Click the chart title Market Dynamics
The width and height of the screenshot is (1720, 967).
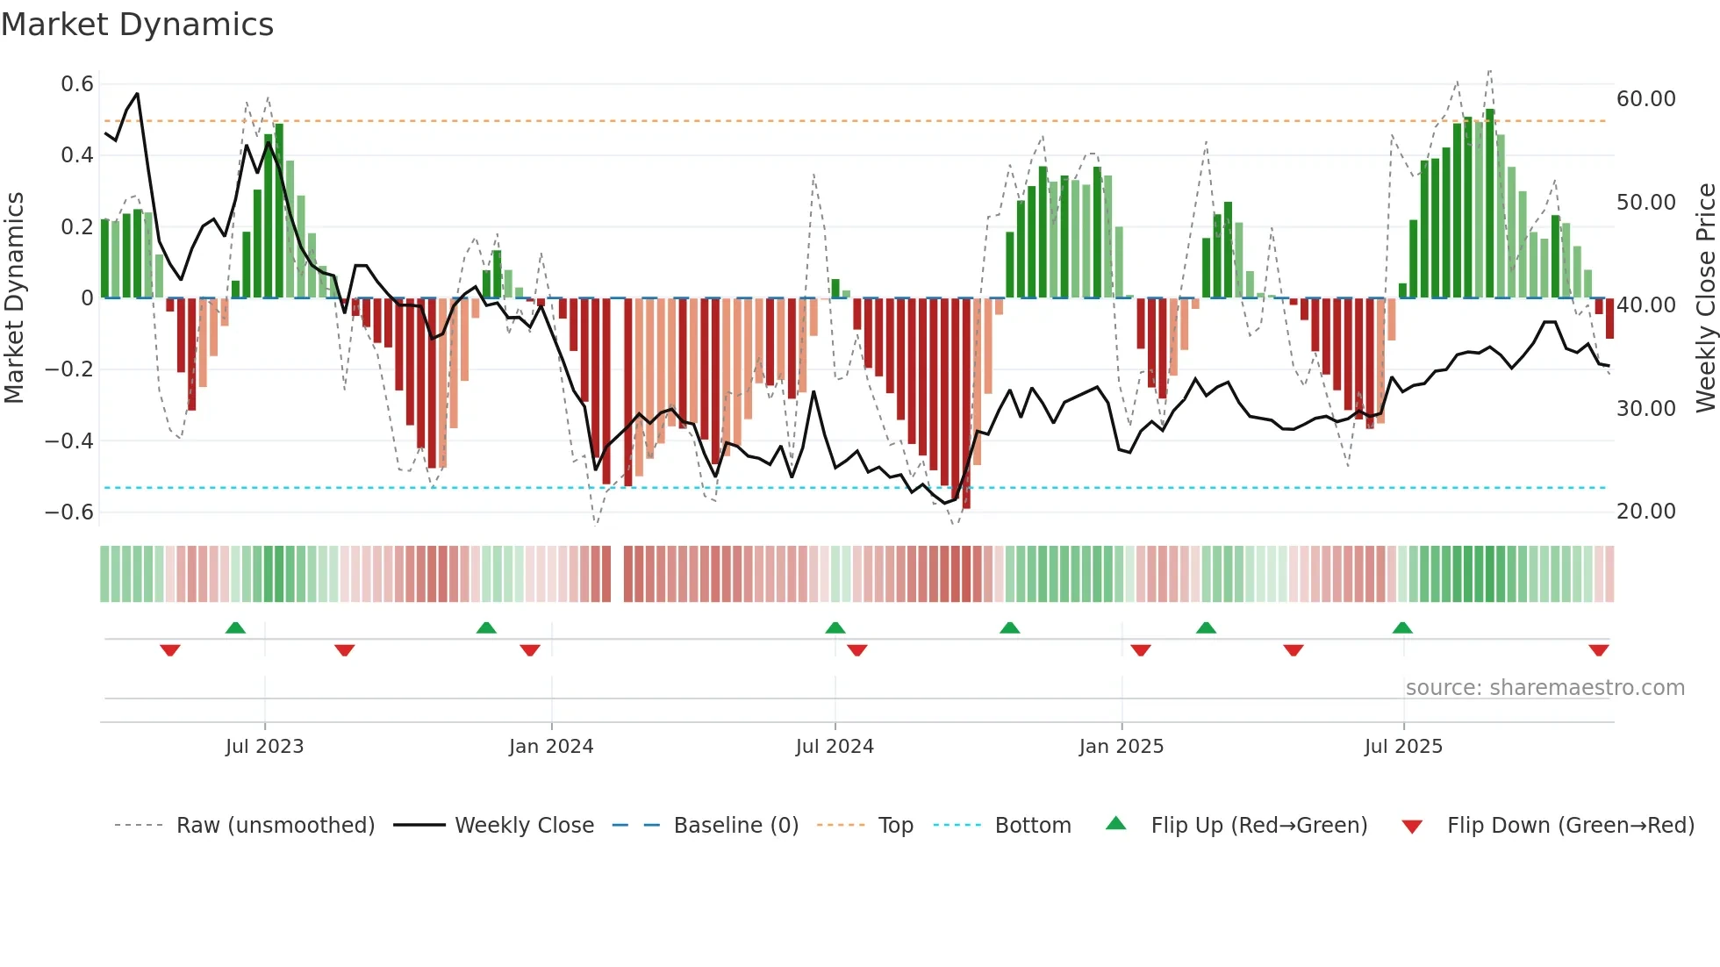coord(137,25)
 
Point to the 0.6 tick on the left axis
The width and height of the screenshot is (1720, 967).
coord(77,84)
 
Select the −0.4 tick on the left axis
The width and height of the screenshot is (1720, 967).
coord(69,441)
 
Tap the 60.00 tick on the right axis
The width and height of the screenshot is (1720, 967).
coord(1646,99)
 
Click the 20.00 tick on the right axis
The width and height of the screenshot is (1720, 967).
coord(1646,512)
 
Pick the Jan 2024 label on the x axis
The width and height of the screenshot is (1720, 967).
coord(551,747)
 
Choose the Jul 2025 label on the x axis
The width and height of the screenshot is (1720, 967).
coord(1403,747)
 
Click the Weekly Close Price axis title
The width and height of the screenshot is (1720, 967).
coord(1705,298)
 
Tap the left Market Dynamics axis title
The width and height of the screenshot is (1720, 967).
coord(14,298)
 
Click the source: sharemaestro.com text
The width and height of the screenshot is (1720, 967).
coord(1544,688)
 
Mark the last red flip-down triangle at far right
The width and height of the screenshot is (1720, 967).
coord(1598,650)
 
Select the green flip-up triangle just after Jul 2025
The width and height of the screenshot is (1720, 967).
coord(1402,627)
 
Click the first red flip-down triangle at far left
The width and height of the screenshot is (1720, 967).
coord(170,650)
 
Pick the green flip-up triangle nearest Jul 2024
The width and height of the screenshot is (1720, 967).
coord(835,627)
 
